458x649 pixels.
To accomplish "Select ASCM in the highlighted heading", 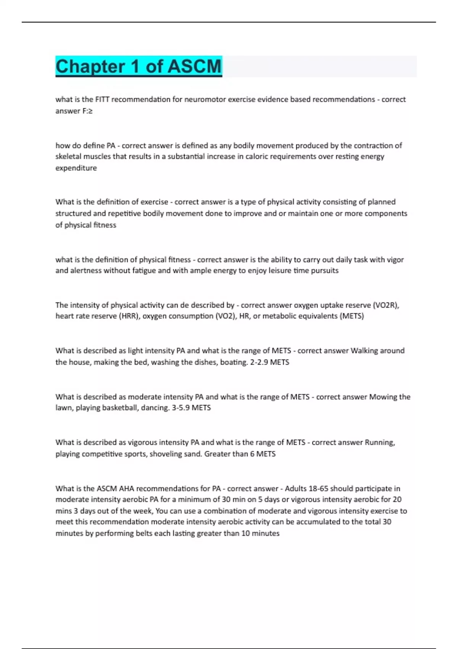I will (194, 66).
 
